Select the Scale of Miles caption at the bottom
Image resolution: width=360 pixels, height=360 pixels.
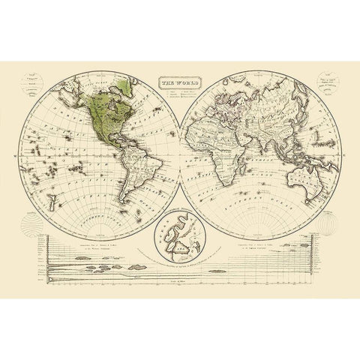pyautogui.click(x=181, y=277)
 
